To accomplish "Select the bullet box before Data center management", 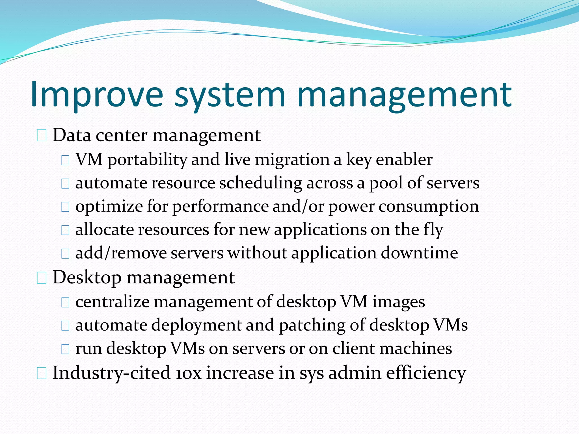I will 42,136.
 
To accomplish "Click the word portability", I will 147,160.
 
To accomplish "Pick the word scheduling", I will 260,183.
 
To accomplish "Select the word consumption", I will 429,207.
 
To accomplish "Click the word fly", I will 433,230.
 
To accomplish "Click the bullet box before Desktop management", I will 42,278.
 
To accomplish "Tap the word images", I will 398,302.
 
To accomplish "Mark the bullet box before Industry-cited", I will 42,374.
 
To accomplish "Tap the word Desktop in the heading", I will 87,278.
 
